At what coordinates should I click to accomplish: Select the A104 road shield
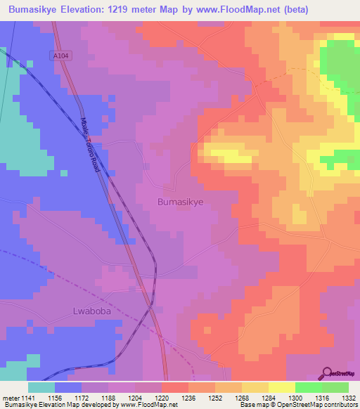tap(60, 55)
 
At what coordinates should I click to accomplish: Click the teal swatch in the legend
tap(41, 387)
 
